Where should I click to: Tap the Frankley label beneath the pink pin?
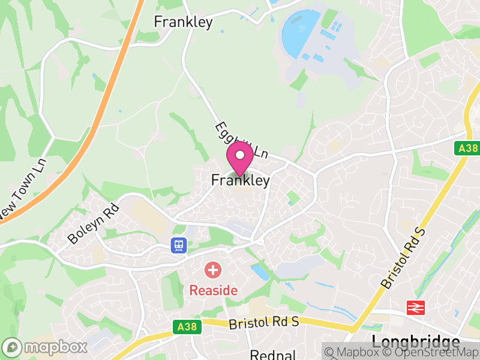click(240, 180)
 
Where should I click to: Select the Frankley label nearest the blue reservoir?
click(183, 22)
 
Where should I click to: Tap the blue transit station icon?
click(178, 245)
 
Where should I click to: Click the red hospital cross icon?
click(212, 270)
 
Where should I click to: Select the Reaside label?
click(214, 290)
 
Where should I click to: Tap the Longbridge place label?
click(416, 343)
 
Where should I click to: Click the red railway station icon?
click(415, 308)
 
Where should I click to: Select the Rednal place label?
click(274, 355)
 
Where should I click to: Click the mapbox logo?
click(46, 347)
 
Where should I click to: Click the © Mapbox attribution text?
click(361, 352)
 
